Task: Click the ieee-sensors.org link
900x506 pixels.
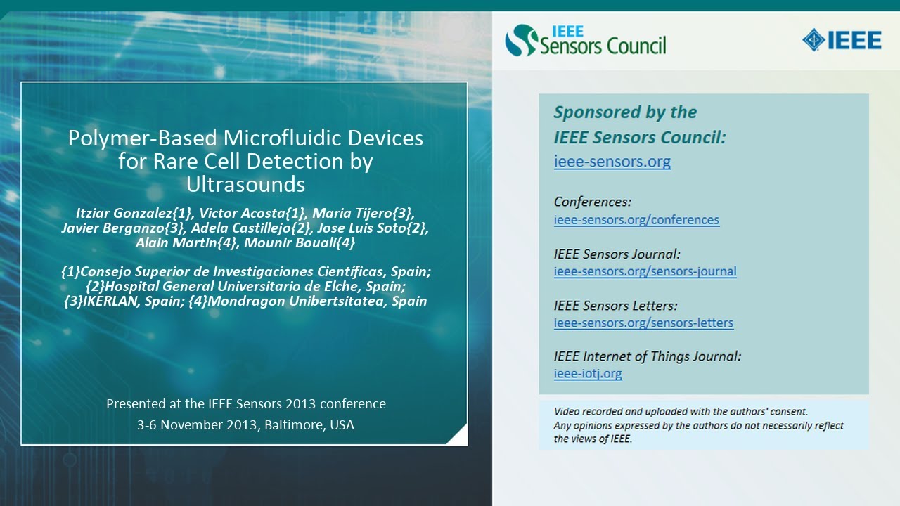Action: tap(612, 162)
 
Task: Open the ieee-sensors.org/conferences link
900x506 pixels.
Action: tap(636, 219)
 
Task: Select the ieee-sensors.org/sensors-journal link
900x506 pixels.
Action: tap(645, 271)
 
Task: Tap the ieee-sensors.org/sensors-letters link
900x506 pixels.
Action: tap(643, 323)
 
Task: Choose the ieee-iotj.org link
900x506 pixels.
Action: tap(588, 374)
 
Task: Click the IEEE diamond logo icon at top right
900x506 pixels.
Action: tap(814, 40)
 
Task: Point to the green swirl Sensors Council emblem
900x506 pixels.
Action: tap(521, 41)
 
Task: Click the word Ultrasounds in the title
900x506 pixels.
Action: tap(245, 184)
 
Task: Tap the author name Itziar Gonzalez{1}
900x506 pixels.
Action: tap(133, 213)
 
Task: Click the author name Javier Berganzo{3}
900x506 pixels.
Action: tap(123, 228)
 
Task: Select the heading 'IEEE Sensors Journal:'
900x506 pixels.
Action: tap(617, 254)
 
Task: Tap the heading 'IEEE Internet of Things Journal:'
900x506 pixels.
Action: tap(647, 356)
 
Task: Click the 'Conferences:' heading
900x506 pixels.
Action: tap(592, 202)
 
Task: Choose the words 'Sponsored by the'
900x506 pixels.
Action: tap(625, 112)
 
